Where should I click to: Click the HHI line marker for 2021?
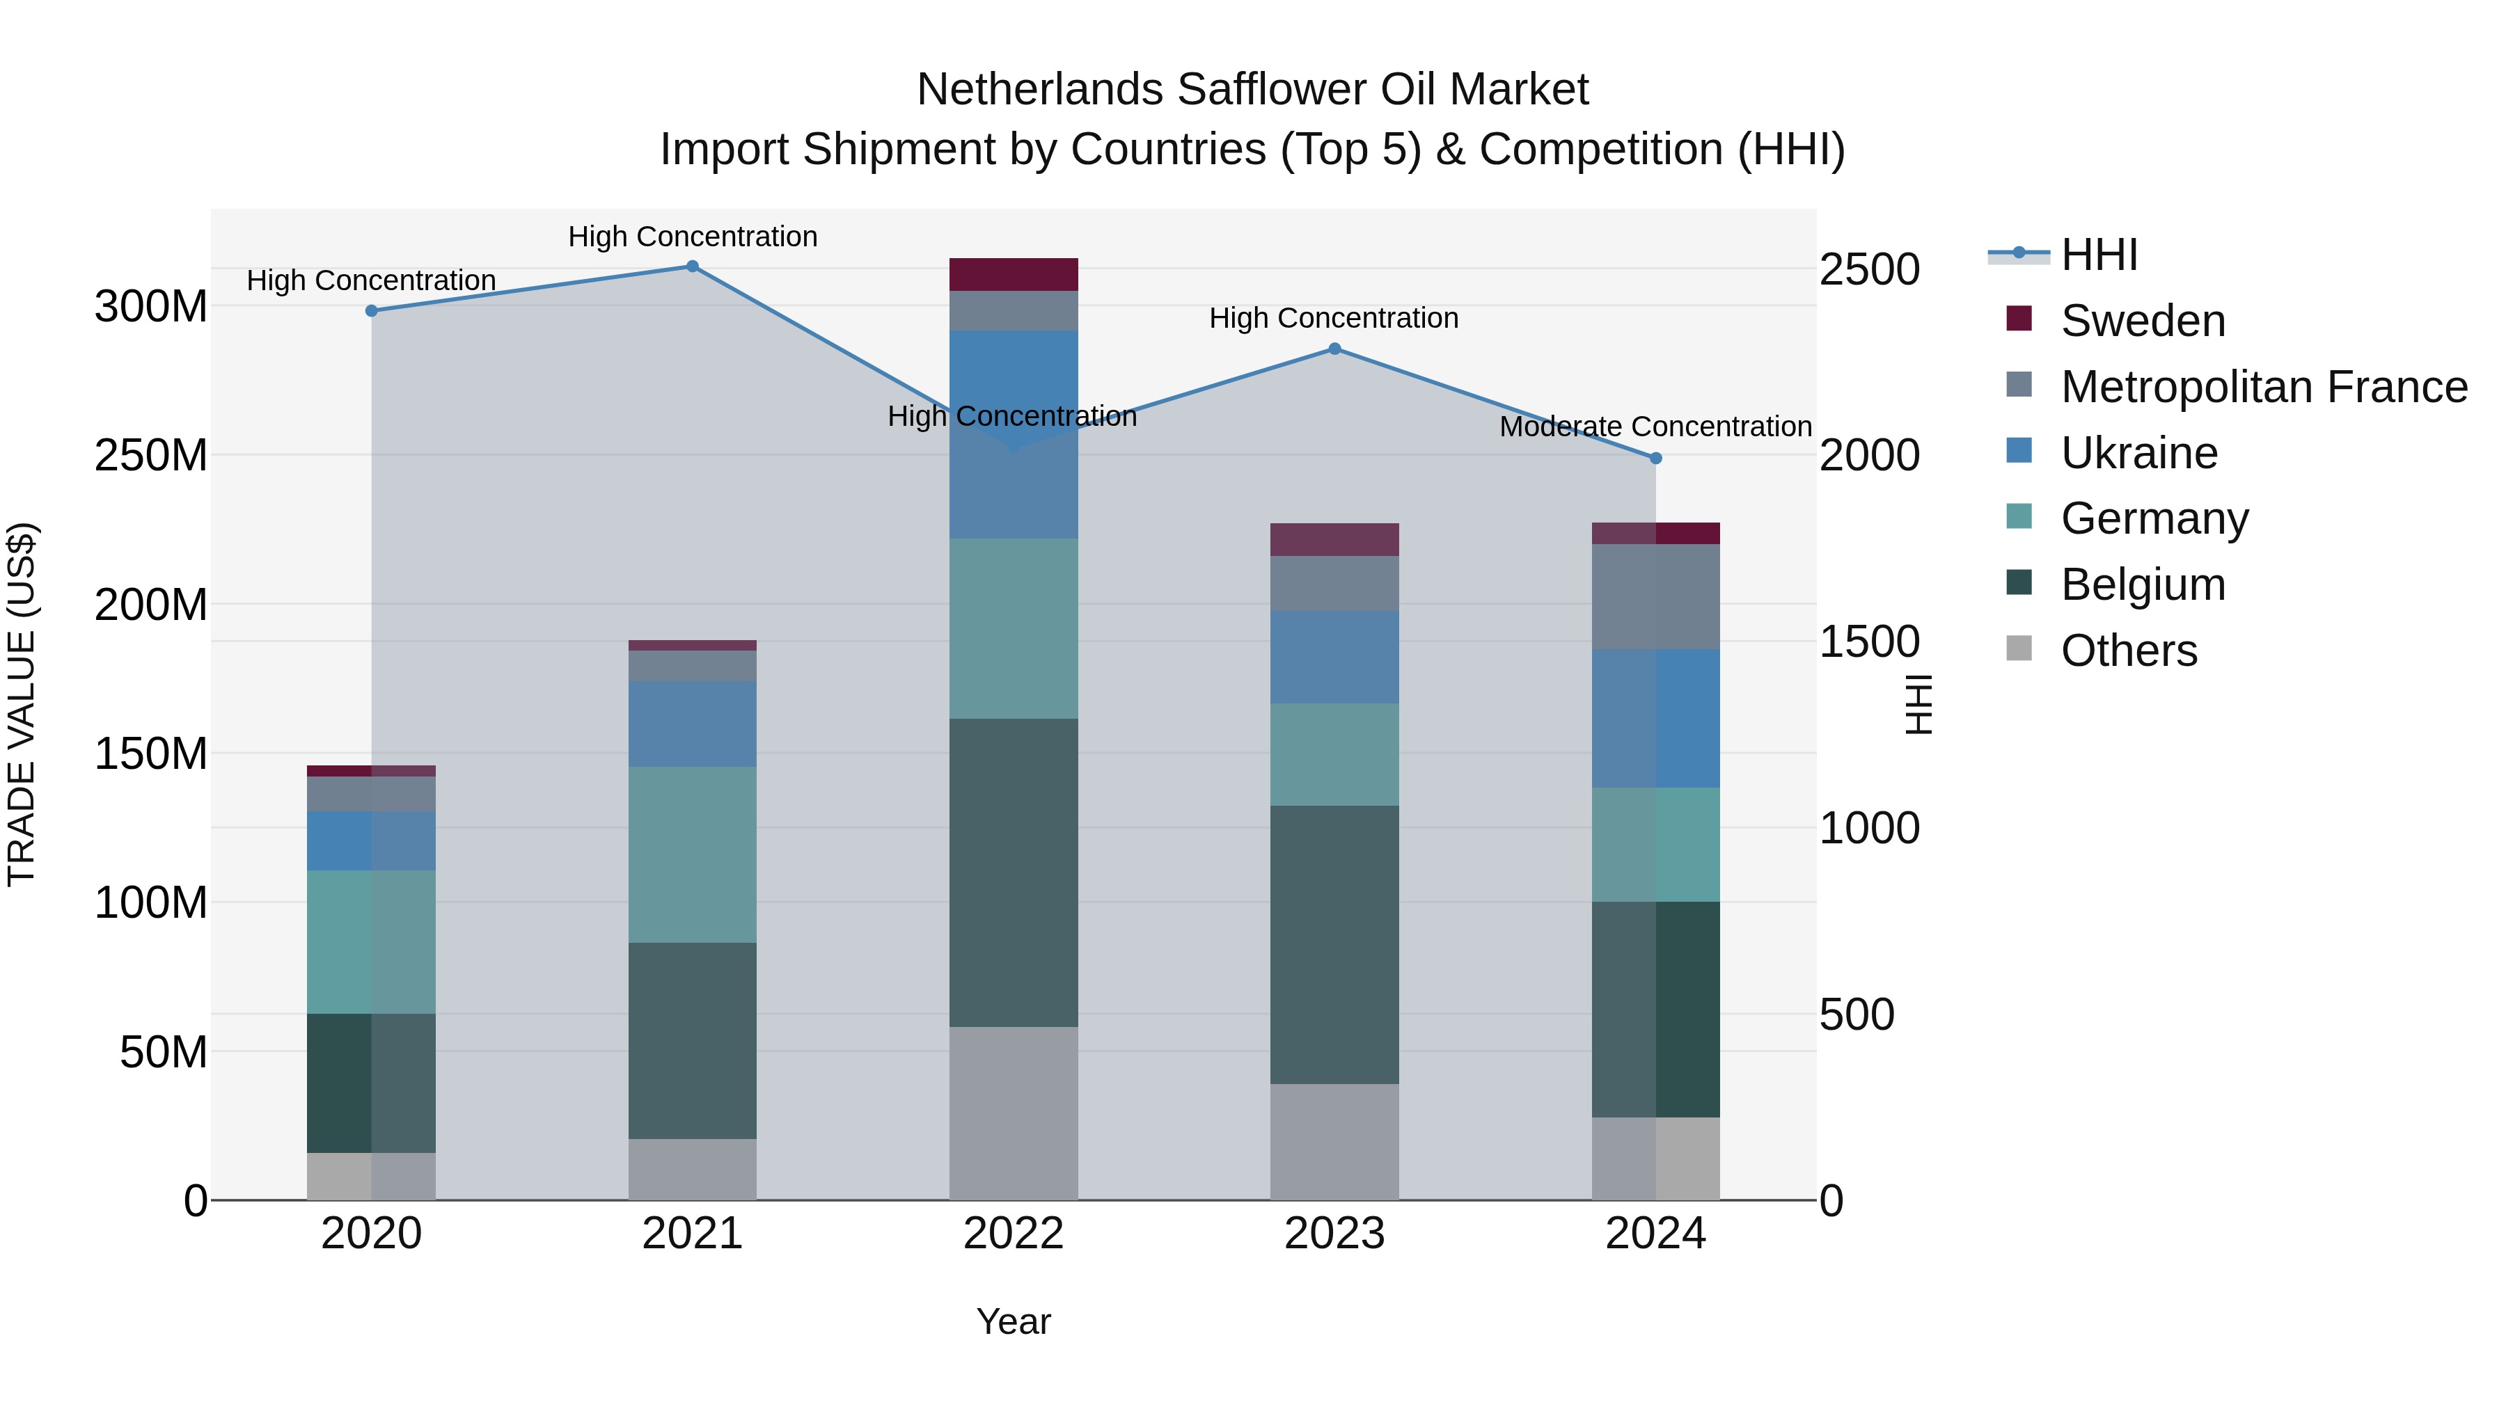[x=693, y=266]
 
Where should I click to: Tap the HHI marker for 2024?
[x=1656, y=458]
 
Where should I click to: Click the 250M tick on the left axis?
[x=151, y=455]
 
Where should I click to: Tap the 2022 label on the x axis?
[x=1013, y=1234]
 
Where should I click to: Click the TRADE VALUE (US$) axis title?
[x=22, y=704]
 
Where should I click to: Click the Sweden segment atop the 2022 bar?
[x=1013, y=274]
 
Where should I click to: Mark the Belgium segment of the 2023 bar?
[x=1334, y=944]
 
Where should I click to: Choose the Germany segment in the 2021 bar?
[x=693, y=854]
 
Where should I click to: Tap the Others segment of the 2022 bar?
[x=1013, y=1113]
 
